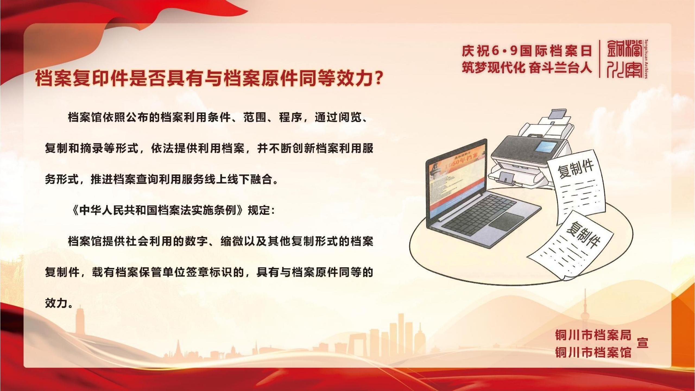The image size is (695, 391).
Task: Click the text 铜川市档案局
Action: point(593,335)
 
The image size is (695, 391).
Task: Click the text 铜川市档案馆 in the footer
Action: point(593,352)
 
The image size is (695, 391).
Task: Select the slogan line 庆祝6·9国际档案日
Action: point(527,51)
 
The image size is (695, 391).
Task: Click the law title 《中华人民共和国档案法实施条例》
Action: point(157,210)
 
